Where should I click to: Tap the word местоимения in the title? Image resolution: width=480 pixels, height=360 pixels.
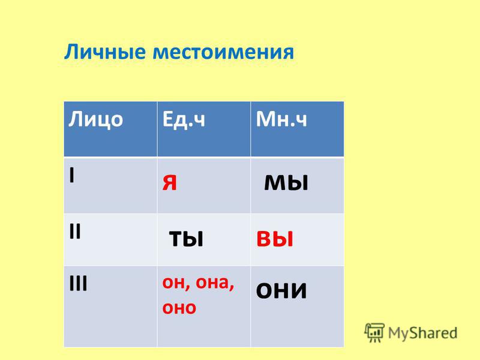(223, 52)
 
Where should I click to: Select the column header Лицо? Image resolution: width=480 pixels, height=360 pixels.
(95, 119)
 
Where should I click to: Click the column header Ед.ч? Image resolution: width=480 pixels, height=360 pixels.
(184, 119)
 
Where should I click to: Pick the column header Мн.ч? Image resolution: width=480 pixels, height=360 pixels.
(281, 119)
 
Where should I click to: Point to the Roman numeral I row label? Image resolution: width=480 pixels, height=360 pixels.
(71, 175)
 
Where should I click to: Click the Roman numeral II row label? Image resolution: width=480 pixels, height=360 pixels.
(75, 231)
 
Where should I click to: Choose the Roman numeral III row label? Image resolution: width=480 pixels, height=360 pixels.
(79, 283)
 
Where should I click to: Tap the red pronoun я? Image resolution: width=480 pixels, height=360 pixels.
(170, 183)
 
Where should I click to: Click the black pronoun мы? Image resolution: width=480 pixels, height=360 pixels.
(286, 183)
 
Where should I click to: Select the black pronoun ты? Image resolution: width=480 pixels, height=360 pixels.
(186, 239)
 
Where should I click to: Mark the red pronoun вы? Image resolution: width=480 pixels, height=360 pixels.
(275, 239)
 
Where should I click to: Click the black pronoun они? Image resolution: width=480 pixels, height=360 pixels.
(281, 290)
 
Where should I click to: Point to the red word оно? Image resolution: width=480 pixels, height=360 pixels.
(179, 308)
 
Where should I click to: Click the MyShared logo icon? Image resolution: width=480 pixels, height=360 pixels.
(374, 332)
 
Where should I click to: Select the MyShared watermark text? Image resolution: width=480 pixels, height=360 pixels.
(422, 333)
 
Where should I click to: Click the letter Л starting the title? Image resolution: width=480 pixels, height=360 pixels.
(70, 52)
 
